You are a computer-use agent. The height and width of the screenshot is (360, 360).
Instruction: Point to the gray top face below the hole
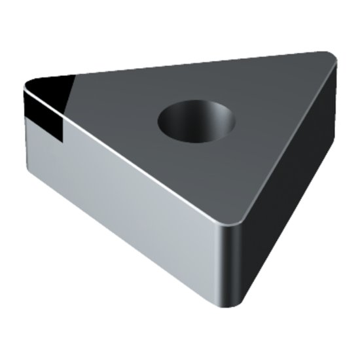196,177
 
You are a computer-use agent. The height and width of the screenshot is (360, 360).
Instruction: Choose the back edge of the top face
183,65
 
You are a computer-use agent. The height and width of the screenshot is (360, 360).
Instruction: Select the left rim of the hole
160,121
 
